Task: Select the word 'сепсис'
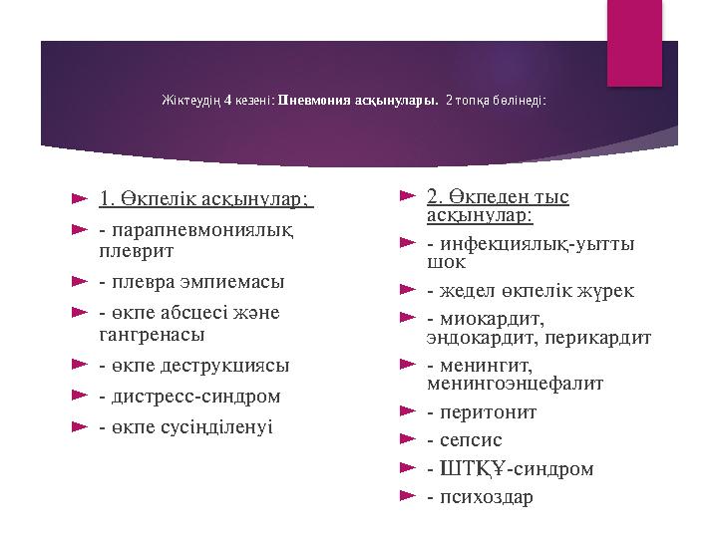coord(471,439)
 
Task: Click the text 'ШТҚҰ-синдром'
coord(515,467)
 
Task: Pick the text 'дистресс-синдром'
coord(195,396)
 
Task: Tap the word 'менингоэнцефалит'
coord(515,383)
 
